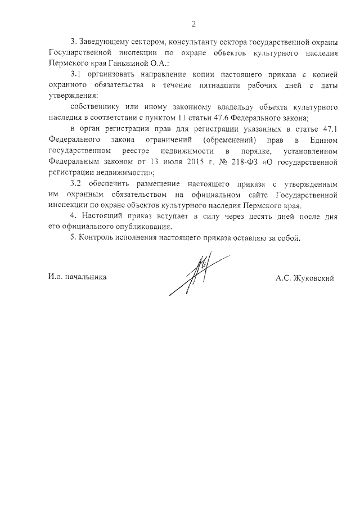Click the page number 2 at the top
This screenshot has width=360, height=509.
point(193,24)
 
